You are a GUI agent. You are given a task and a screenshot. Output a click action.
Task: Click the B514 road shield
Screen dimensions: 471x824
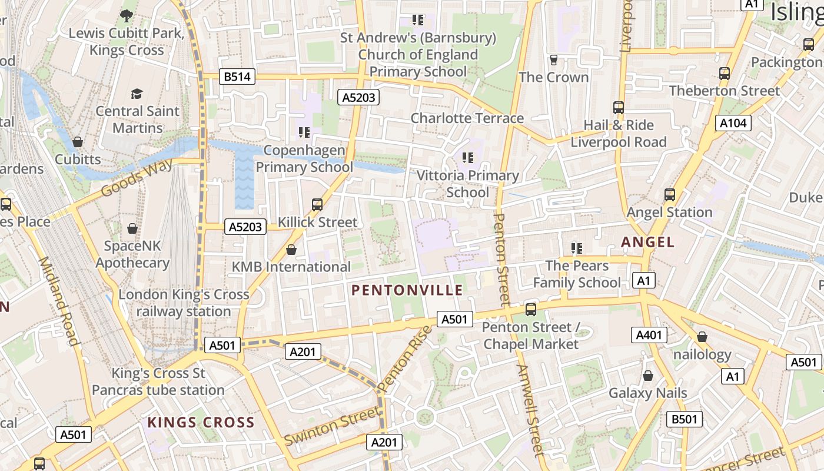238,77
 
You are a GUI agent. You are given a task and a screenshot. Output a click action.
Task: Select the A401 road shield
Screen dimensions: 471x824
649,335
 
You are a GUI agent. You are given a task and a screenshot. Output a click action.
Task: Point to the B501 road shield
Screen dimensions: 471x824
685,419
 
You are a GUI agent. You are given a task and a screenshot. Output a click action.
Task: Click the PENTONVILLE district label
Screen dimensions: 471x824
407,290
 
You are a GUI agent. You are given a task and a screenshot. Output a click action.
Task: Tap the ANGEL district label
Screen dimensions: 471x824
647,242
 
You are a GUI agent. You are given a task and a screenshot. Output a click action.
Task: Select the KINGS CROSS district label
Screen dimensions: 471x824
201,422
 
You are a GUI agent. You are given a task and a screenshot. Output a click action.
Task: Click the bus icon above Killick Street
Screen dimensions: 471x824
317,204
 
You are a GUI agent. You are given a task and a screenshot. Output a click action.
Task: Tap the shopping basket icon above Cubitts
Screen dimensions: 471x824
77,142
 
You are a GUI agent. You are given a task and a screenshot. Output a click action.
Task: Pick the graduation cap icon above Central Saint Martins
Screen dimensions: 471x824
137,94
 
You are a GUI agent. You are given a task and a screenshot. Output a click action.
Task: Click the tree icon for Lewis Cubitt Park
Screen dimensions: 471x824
126,16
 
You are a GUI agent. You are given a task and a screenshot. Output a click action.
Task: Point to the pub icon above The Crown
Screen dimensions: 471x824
553,60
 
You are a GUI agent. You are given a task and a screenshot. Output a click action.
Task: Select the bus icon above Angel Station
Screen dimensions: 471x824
669,194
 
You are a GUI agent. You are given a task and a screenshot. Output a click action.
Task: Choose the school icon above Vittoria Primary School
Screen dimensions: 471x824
468,158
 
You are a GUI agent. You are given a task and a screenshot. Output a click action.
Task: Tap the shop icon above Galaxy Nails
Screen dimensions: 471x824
647,375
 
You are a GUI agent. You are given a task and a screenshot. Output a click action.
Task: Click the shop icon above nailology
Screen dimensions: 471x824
702,337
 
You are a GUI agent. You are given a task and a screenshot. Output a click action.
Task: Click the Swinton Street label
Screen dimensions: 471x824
331,426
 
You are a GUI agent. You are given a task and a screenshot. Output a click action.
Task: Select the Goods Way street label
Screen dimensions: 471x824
137,177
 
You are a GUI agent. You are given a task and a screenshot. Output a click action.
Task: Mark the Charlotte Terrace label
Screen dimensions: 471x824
467,118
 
